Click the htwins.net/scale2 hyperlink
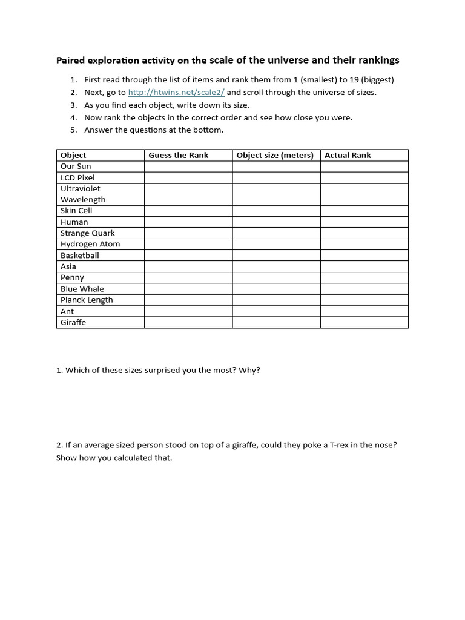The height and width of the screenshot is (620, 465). (176, 93)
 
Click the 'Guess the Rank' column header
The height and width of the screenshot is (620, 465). (179, 155)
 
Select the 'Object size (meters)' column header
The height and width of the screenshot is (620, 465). (275, 155)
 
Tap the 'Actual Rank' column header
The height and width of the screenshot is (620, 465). (348, 155)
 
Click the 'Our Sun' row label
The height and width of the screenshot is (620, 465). (76, 166)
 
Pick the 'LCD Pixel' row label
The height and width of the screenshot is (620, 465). (77, 177)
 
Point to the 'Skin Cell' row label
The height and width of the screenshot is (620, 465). (76, 211)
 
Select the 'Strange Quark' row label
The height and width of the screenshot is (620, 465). (87, 233)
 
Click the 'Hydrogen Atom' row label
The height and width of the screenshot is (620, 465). (90, 244)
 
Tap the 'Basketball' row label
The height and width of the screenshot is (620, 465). (79, 256)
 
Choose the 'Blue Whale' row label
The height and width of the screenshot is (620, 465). (82, 289)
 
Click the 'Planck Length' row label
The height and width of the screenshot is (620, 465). (87, 300)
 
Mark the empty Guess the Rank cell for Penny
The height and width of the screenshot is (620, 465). (188, 277)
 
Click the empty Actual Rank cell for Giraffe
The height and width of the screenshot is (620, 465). (364, 322)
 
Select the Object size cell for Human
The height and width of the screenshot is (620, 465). (276, 222)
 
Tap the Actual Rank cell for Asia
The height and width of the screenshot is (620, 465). (364, 266)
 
